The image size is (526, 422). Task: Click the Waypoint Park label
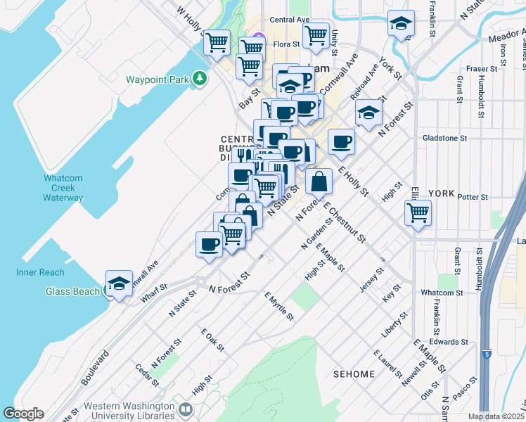pos(157,79)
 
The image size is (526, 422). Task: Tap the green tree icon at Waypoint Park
pos(200,79)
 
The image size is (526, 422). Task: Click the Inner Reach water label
pos(40,272)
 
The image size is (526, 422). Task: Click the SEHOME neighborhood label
pos(354,374)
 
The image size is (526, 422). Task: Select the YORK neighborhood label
pos(442,193)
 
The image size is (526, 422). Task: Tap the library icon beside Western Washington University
pos(186,409)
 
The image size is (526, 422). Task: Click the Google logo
pos(23,414)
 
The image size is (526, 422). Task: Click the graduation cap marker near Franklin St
pos(400,25)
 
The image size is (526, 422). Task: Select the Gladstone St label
pos(446,139)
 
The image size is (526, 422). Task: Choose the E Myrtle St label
pos(278,307)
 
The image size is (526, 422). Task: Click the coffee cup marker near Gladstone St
pos(341,142)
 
